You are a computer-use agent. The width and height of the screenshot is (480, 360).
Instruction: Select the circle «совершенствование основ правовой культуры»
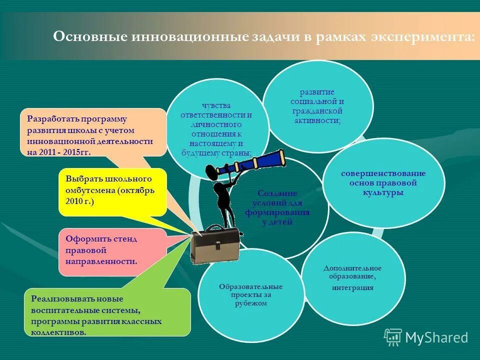[x=383, y=183]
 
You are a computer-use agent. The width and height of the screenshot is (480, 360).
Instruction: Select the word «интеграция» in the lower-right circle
[x=352, y=288]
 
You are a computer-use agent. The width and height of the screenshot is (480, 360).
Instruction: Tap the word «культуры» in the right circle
[x=383, y=192]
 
